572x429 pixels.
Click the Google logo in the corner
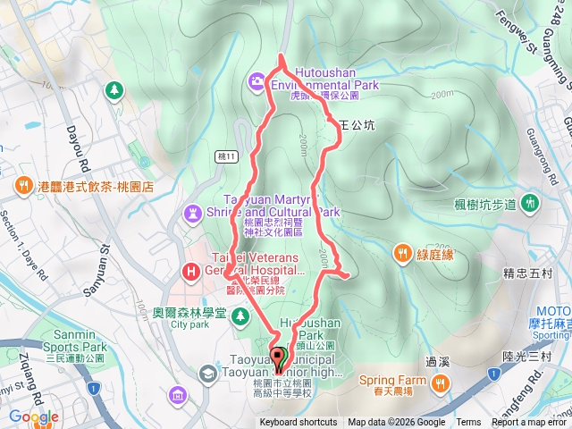34,416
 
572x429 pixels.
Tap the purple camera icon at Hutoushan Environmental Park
257,81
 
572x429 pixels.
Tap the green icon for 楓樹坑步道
529,203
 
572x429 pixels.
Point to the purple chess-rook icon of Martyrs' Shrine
193,212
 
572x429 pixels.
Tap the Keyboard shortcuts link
299,423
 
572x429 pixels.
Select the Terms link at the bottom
468,423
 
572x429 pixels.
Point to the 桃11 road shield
228,156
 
